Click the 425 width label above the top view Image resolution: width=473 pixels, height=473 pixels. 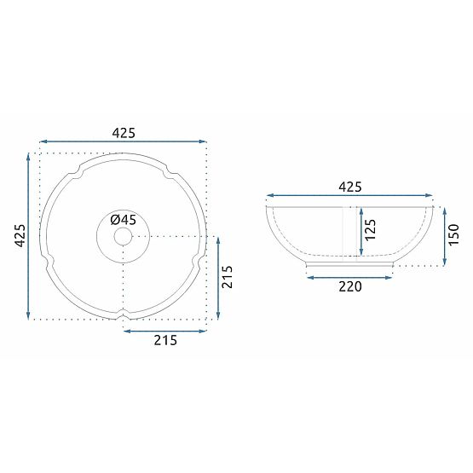[x=124, y=132]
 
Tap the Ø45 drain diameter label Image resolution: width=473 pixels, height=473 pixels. [x=123, y=219]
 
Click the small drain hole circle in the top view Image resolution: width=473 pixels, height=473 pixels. [x=124, y=236]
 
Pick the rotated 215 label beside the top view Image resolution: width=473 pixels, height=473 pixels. [x=227, y=277]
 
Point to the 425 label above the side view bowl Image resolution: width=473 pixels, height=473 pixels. [x=350, y=187]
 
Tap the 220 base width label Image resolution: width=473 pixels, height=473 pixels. [x=350, y=286]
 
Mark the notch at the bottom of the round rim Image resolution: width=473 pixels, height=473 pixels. [x=124, y=316]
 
